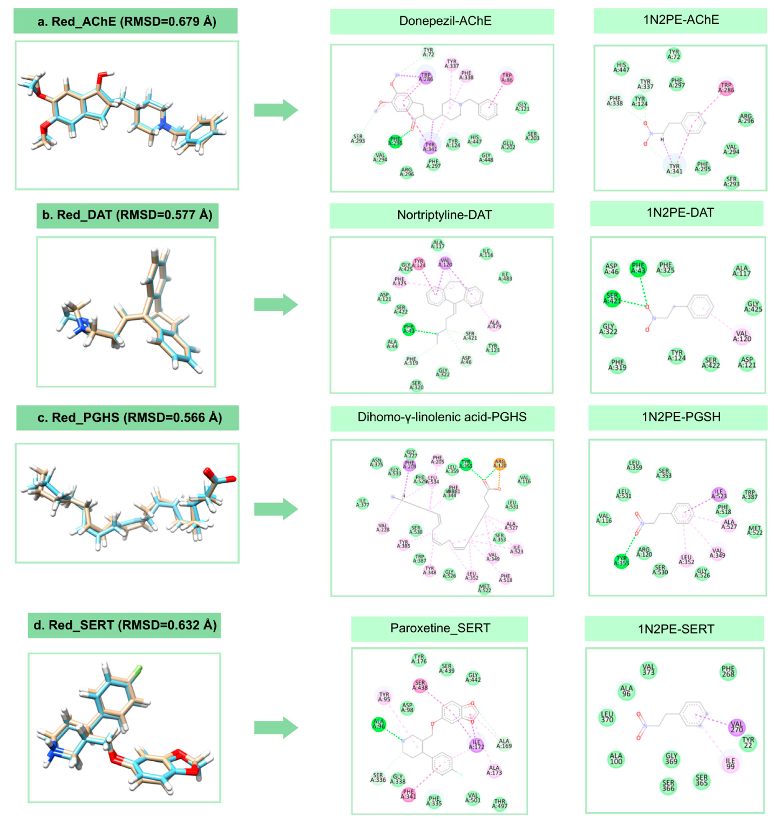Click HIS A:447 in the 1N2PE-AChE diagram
(621, 67)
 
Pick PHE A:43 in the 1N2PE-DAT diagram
(638, 268)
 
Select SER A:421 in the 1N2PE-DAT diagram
(612, 298)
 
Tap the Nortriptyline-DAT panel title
(442, 215)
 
